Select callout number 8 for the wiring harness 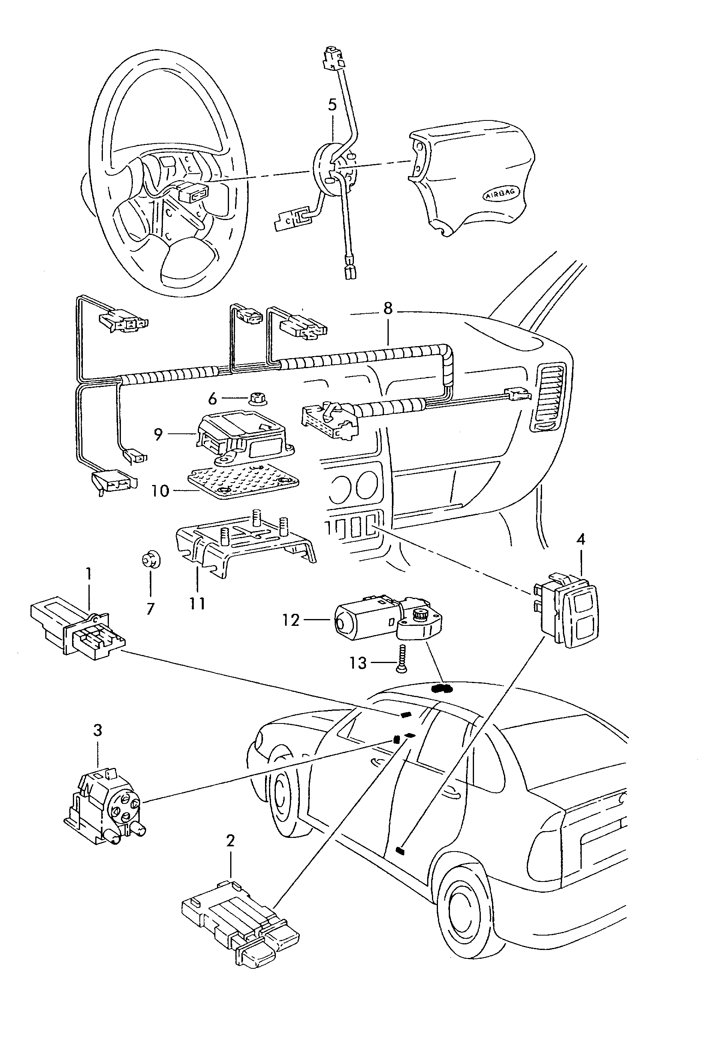click(x=388, y=309)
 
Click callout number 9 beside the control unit click(x=158, y=435)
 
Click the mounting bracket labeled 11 click(x=245, y=542)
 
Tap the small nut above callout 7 click(x=150, y=561)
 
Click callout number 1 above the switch click(x=89, y=574)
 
